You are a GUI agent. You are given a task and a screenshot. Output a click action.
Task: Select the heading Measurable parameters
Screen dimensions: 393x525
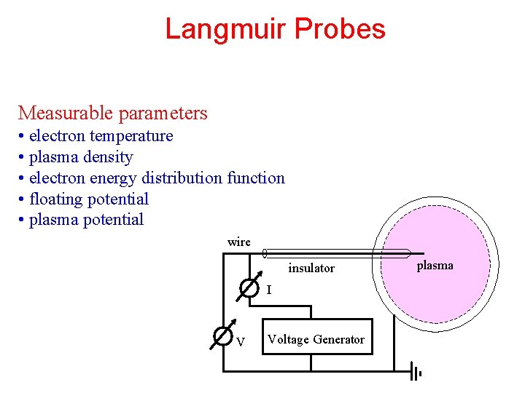pyautogui.click(x=113, y=113)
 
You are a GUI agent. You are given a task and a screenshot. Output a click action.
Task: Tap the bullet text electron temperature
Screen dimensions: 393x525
pyautogui.click(x=101, y=136)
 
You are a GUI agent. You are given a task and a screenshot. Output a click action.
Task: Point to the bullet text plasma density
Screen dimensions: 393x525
pyautogui.click(x=81, y=157)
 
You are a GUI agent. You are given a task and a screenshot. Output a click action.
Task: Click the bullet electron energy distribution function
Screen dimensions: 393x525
pyautogui.click(x=157, y=178)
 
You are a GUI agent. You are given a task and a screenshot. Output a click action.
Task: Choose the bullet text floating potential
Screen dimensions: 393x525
pyautogui.click(x=88, y=199)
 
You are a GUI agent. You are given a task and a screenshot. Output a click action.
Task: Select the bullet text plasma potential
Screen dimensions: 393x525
pyautogui.click(x=86, y=220)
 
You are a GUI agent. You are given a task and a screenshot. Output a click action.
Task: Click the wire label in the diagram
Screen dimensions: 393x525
pyautogui.click(x=238, y=242)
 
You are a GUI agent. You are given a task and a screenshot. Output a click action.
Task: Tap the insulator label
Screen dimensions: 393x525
pyautogui.click(x=311, y=269)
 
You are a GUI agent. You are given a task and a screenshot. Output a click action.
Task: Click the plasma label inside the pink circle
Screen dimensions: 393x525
pyautogui.click(x=435, y=266)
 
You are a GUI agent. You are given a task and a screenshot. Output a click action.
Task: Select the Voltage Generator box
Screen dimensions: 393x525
pyautogui.click(x=316, y=338)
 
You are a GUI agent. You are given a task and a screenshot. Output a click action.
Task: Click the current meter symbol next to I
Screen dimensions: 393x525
pyautogui.click(x=249, y=289)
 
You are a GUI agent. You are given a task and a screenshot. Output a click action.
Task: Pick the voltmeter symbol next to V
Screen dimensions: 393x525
pyautogui.click(x=222, y=337)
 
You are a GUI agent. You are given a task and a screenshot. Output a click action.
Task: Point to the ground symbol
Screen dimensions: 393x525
pyautogui.click(x=416, y=373)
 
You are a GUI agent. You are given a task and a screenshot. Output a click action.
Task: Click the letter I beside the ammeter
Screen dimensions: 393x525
pyautogui.click(x=269, y=290)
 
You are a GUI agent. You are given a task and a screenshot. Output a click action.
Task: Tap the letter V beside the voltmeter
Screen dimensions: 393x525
pyautogui.click(x=241, y=342)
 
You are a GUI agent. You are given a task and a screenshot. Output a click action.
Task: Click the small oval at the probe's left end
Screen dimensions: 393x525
pyautogui.click(x=264, y=254)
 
